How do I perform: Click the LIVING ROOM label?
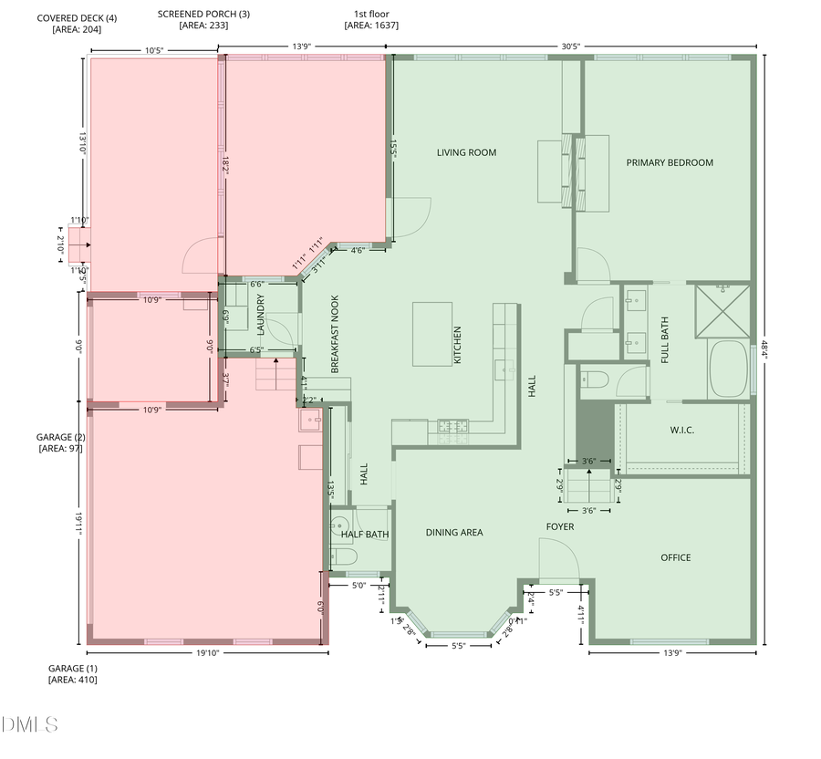[x=466, y=153]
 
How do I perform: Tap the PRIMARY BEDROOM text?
[x=670, y=163]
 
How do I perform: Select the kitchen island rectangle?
[x=432, y=333]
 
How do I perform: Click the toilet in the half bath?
[x=345, y=556]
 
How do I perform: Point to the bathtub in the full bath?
[x=729, y=369]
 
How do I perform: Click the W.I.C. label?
[x=683, y=430]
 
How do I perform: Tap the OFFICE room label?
[x=676, y=557]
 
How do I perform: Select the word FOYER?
[x=560, y=527]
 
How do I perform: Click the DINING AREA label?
[x=454, y=533]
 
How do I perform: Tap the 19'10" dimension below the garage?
[x=207, y=653]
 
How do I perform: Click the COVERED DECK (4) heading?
[x=77, y=18]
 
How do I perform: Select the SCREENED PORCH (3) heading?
[x=203, y=15]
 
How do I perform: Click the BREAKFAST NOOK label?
[x=335, y=334]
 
